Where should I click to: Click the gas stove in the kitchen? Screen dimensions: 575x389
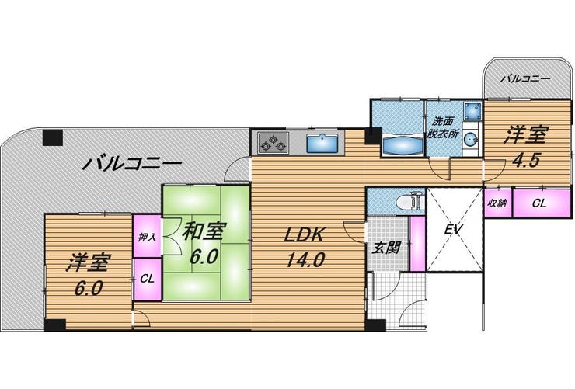273,143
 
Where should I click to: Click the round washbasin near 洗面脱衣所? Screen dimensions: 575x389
471,139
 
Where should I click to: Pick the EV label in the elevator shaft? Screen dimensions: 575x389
454,229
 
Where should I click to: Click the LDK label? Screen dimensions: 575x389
305,234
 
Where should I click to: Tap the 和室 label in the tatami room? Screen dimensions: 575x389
203,231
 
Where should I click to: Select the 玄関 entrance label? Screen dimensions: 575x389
386,248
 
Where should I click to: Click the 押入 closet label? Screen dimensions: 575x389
147,238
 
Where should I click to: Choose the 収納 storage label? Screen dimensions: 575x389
497,203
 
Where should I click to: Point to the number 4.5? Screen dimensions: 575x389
526,160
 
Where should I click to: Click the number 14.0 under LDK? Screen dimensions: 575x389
305,259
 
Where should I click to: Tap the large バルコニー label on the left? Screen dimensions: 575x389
132,163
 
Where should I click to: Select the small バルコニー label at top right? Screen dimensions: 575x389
525,78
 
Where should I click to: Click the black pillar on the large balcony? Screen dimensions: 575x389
53,137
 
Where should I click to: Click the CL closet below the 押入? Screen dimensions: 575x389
147,280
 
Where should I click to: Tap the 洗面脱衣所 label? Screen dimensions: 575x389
444,127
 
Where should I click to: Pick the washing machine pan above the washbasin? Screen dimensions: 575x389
472,111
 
